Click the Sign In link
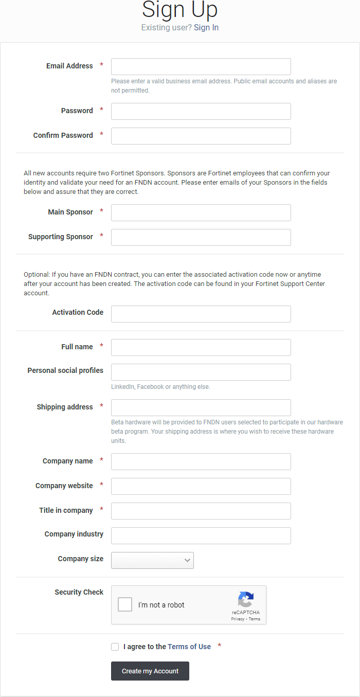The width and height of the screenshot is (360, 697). (x=206, y=28)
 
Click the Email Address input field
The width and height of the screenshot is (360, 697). (x=201, y=66)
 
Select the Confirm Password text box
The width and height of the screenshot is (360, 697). (x=201, y=136)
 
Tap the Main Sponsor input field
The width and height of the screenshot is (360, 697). (x=201, y=212)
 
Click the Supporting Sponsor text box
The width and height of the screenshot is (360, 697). (x=201, y=237)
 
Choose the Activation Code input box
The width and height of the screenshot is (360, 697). (x=201, y=314)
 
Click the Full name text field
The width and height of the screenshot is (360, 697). (x=201, y=347)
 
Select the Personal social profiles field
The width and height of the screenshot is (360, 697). (x=201, y=372)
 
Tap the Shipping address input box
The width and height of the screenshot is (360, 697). (x=201, y=407)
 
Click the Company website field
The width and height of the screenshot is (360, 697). (x=201, y=486)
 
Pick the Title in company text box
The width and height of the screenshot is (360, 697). (x=201, y=511)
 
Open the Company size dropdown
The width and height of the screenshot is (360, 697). (x=152, y=560)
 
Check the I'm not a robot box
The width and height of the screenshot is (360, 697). (x=125, y=604)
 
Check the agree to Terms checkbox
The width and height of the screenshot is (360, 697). (x=115, y=647)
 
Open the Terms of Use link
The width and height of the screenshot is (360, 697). (x=189, y=647)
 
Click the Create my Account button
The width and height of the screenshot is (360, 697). (x=150, y=671)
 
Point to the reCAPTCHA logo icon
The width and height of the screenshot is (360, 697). (x=246, y=599)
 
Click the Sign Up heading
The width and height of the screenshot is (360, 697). (x=179, y=10)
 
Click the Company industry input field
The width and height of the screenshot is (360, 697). (x=201, y=535)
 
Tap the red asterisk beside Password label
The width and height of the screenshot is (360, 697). (x=102, y=110)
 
